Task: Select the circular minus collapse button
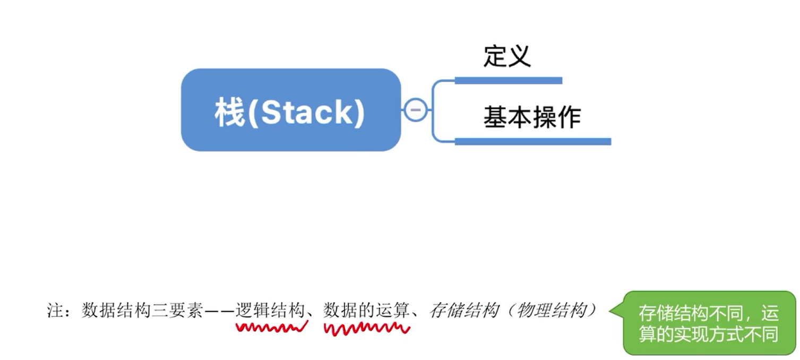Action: (x=416, y=110)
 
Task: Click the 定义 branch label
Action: (x=507, y=56)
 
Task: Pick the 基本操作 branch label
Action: (x=532, y=117)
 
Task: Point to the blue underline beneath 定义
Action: (x=508, y=81)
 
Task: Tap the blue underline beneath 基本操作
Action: (x=532, y=141)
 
